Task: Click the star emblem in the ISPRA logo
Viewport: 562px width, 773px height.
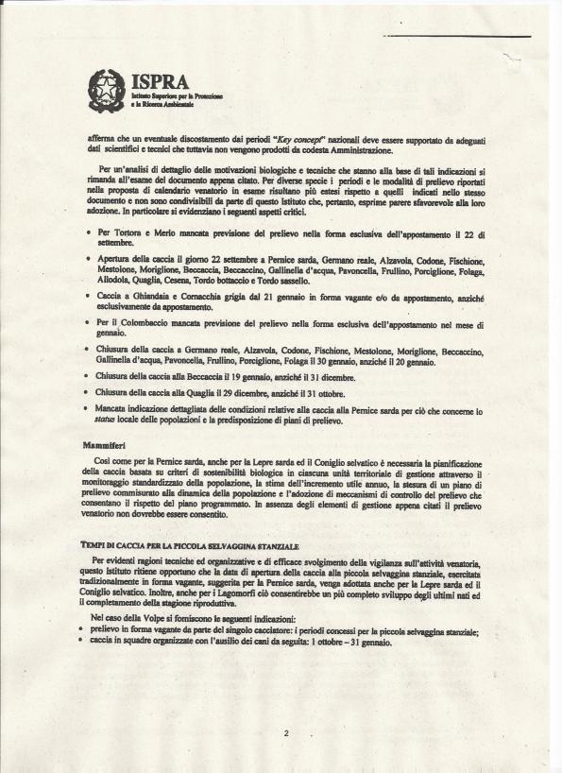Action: click(x=106, y=90)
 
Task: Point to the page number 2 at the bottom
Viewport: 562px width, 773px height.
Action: click(x=284, y=733)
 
